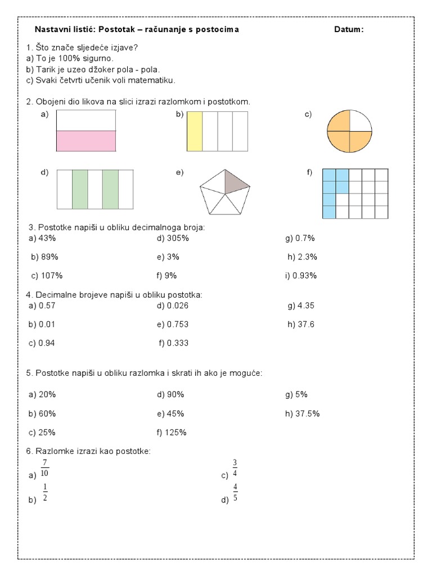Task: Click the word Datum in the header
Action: click(x=348, y=30)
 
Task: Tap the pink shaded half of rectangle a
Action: click(x=86, y=141)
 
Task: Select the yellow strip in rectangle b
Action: click(x=195, y=131)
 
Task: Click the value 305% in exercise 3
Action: click(x=177, y=238)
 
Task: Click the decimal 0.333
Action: click(x=177, y=343)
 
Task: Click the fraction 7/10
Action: click(x=44, y=468)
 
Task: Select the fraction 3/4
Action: click(x=235, y=468)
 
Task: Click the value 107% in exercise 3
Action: click(x=51, y=276)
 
